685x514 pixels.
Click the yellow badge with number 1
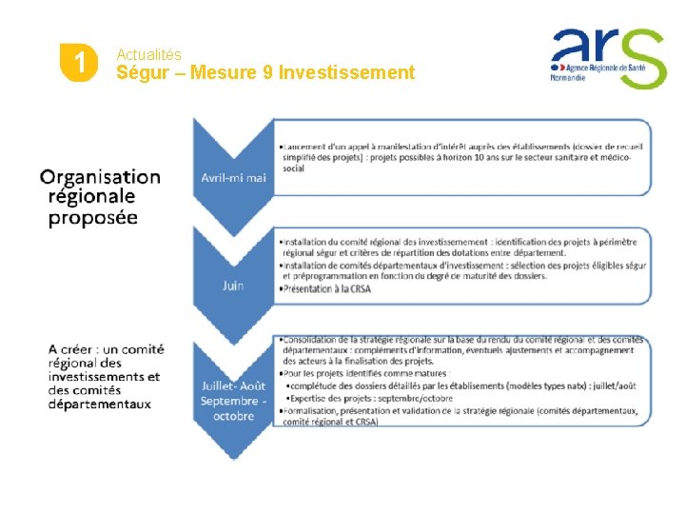79,64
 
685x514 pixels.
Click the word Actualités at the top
148,55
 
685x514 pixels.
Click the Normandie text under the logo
570,78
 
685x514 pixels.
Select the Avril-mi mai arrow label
233,177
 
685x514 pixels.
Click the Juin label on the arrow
233,286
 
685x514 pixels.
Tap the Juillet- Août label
233,385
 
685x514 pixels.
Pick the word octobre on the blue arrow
233,416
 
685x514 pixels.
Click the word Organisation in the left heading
100,177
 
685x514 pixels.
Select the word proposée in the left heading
93,217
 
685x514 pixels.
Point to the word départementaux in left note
100,404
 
